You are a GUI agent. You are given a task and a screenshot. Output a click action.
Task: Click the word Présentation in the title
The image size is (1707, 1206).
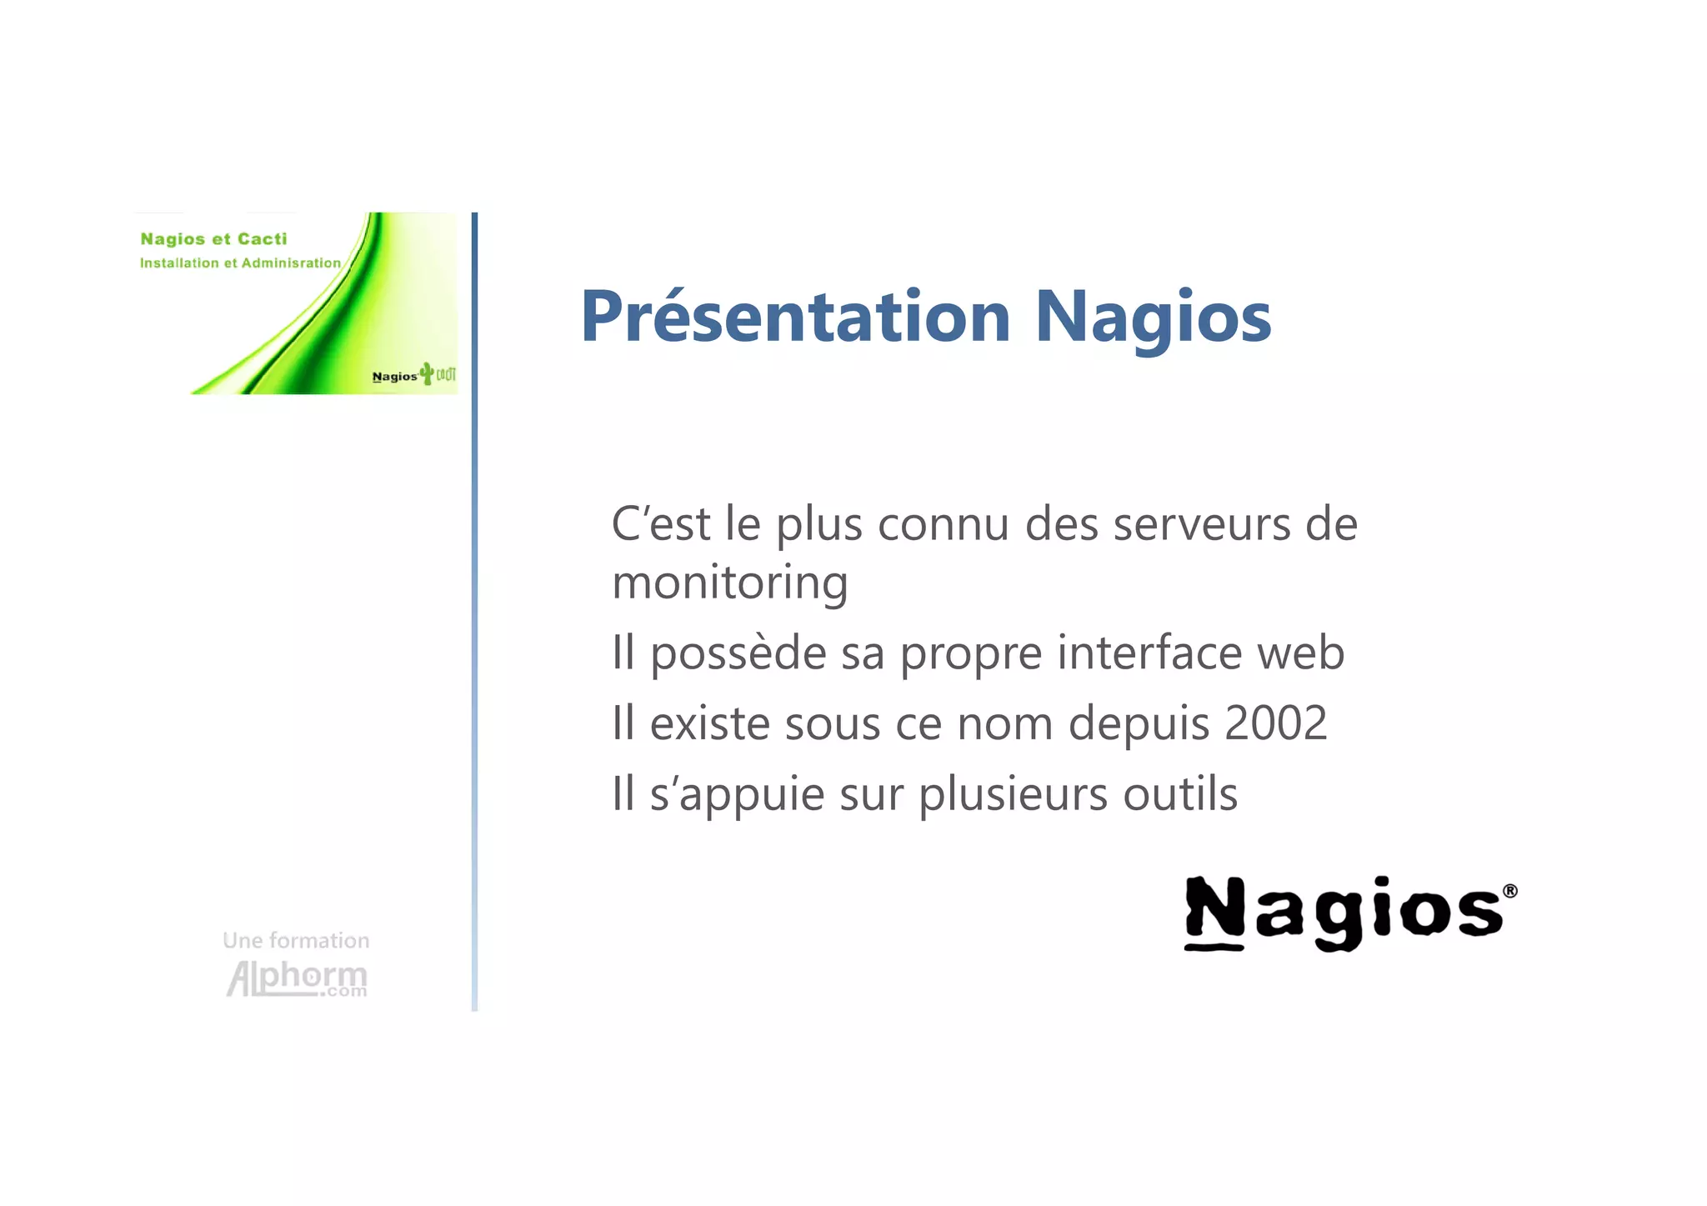[794, 317]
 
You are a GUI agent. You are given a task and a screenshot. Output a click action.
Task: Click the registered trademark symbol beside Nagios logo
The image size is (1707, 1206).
[1509, 891]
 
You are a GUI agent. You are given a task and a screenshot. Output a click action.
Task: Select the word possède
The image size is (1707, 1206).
[738, 653]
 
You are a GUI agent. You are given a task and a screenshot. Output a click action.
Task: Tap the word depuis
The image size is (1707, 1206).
[1138, 724]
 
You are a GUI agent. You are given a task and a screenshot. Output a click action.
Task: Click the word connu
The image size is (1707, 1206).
[943, 525]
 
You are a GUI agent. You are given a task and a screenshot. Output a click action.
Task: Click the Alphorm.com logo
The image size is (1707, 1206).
[297, 978]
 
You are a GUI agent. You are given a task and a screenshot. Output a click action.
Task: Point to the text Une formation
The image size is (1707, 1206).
[296, 940]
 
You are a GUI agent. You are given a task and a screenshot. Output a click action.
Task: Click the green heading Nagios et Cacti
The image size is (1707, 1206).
[213, 239]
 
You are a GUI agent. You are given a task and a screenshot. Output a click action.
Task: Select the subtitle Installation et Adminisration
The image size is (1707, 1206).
[240, 263]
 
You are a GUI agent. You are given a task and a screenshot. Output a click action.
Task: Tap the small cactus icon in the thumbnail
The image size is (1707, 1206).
[427, 373]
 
